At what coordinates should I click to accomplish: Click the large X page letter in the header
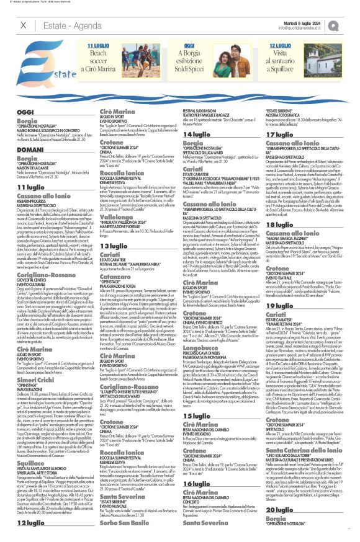coord(24,25)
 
